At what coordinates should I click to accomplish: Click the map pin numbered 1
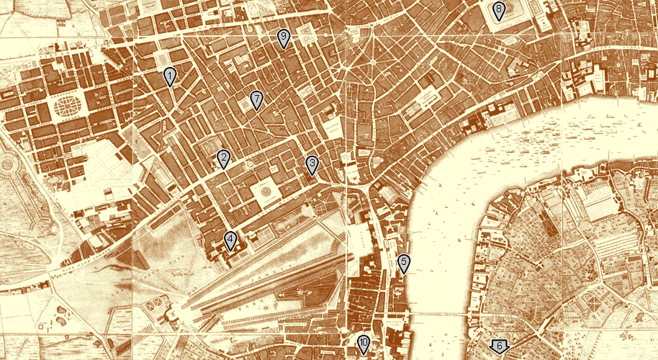point(170,76)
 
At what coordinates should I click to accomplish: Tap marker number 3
point(312,166)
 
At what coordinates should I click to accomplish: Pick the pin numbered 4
point(230,240)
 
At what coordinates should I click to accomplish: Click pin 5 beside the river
point(404,264)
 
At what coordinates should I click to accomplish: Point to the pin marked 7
point(256,100)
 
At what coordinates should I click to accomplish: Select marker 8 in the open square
point(499,12)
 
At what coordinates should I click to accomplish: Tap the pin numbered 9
point(284,38)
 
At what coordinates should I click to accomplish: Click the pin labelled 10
point(364,345)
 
